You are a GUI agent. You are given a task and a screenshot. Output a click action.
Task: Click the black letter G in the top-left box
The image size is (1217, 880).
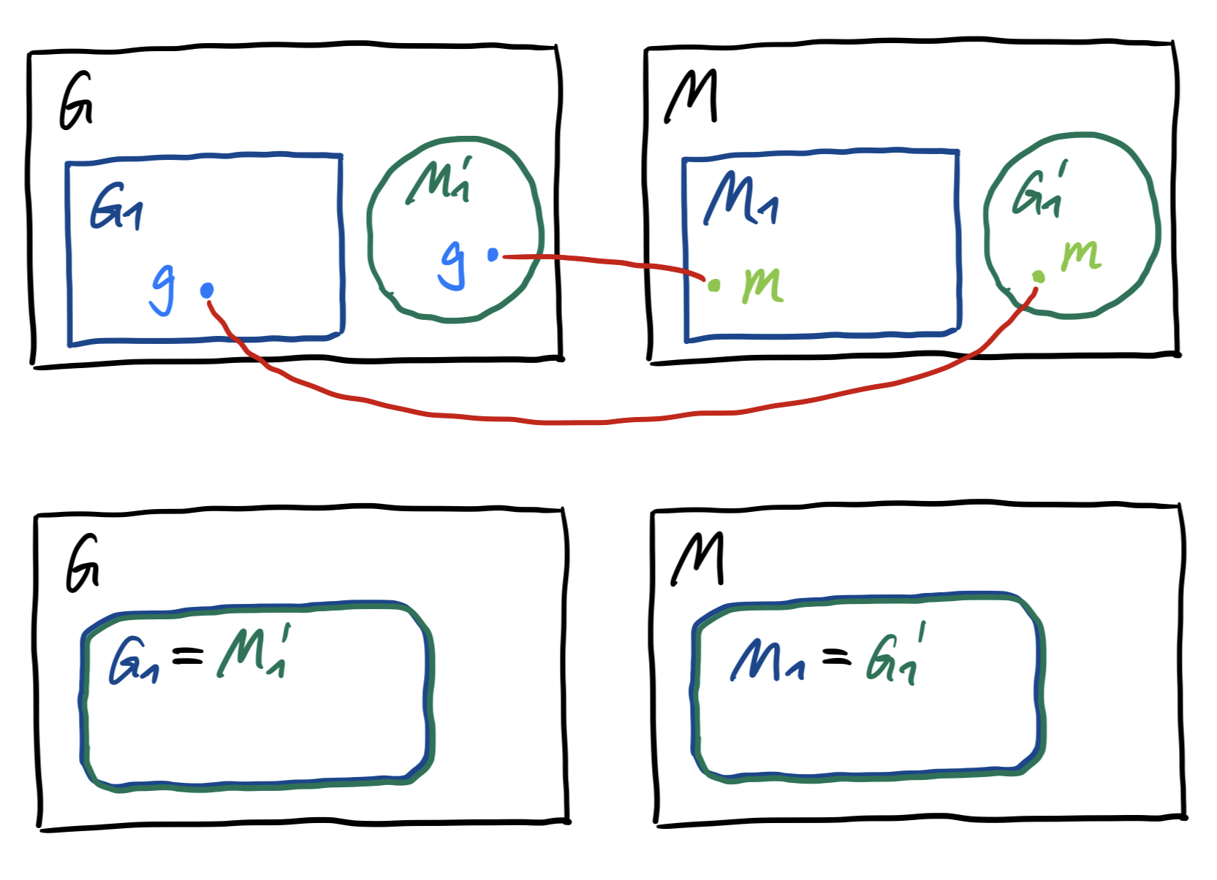75,102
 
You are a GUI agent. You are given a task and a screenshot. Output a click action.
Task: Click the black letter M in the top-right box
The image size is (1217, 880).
691,97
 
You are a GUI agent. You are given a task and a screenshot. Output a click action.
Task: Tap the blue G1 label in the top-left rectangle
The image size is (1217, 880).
115,208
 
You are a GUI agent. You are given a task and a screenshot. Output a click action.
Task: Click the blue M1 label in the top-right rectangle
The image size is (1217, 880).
740,199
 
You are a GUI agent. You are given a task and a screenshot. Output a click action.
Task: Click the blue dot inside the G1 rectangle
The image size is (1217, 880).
207,291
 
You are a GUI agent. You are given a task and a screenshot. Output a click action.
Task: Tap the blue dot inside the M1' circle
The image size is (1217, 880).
493,255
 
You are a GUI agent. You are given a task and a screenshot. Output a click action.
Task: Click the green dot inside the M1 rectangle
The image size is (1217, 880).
714,286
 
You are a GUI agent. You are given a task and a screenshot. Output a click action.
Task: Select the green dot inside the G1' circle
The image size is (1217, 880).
1038,276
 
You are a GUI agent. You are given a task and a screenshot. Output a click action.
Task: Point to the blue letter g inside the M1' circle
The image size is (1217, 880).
453,264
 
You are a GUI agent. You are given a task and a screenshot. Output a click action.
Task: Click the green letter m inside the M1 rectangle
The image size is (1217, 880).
762,284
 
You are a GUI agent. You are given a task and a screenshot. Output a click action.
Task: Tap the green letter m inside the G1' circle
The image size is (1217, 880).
1081,256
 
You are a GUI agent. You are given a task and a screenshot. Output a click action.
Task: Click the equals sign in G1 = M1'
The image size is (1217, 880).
187,657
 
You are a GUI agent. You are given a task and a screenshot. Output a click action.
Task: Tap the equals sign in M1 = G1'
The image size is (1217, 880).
837,658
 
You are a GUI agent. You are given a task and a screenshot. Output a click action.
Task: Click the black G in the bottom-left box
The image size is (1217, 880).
82,564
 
